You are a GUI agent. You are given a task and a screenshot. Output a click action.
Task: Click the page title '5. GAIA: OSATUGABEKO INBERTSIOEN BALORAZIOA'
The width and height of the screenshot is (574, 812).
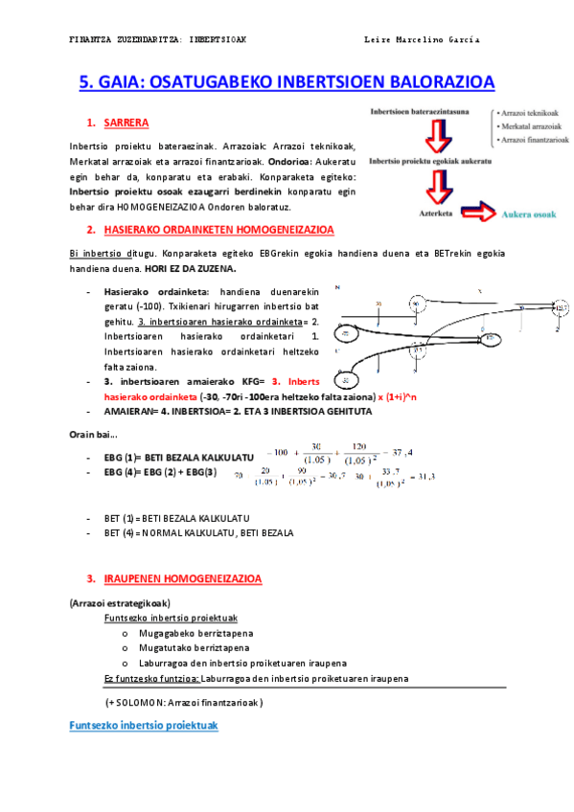click(287, 82)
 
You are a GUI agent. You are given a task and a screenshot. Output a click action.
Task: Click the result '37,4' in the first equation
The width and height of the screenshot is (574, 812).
click(403, 452)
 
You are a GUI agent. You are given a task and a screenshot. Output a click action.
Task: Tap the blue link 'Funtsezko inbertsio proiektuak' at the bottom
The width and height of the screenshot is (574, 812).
click(144, 726)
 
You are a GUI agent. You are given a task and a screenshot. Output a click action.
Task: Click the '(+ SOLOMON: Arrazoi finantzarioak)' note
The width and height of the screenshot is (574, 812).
click(185, 702)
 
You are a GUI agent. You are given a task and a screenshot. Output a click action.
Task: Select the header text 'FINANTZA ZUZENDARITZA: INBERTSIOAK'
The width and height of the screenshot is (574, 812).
click(157, 40)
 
